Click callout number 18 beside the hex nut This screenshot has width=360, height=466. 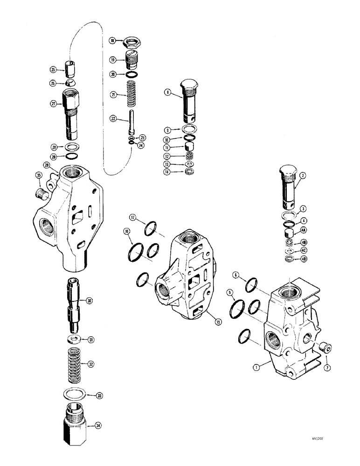(x=112, y=41)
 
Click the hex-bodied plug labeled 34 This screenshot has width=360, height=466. (x=73, y=423)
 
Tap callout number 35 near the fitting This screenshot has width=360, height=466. (x=39, y=176)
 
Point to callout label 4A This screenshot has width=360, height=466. (x=304, y=230)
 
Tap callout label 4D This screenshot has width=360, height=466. (x=304, y=259)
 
